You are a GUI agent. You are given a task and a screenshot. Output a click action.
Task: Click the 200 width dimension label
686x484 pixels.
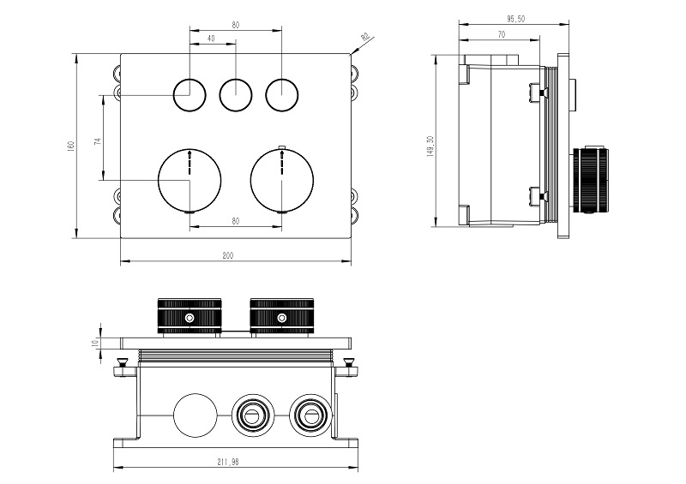tap(228, 255)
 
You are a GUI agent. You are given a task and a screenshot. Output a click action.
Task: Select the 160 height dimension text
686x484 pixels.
tap(72, 146)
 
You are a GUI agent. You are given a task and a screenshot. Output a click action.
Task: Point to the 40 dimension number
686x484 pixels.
tap(211, 38)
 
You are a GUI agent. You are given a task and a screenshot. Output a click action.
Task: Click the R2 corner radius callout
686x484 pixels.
tap(364, 37)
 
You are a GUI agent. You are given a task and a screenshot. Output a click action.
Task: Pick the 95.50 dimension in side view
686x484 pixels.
tap(515, 18)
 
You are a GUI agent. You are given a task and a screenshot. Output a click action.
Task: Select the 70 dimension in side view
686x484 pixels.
tap(501, 33)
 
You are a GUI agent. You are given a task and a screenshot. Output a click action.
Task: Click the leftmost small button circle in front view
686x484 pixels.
tap(189, 94)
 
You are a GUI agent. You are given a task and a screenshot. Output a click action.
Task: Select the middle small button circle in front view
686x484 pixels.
tap(235, 94)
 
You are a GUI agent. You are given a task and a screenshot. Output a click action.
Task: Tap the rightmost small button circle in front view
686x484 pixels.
tap(280, 94)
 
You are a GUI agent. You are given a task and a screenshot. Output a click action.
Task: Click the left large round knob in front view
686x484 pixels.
tap(190, 180)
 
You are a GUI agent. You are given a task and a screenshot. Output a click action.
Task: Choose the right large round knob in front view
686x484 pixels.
tap(281, 180)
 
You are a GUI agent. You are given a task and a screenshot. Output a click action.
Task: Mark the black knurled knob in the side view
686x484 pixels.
tap(593, 178)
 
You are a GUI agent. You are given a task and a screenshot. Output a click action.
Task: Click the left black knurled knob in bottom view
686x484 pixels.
tap(190, 316)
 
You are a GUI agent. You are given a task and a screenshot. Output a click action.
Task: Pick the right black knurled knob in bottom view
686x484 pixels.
tap(280, 316)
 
